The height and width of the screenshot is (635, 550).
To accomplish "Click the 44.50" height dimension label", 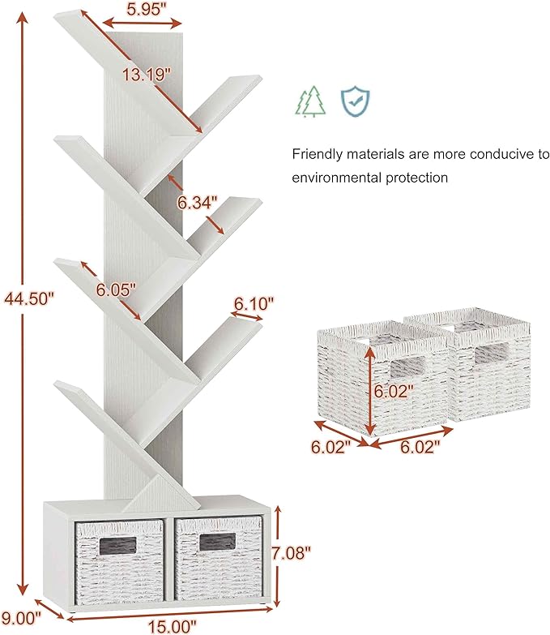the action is [x=28, y=299].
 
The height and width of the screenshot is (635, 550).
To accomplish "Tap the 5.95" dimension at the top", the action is [x=144, y=9].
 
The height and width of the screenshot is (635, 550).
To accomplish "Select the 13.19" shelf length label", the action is [x=147, y=75].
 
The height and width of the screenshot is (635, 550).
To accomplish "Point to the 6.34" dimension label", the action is [x=198, y=203].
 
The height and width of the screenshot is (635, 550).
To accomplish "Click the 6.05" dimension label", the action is [x=116, y=290].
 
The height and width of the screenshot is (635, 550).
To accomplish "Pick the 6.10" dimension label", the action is [x=254, y=303].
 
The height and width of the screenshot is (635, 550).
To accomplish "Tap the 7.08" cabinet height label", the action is [x=291, y=553].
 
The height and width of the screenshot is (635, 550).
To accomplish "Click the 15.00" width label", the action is [x=172, y=627].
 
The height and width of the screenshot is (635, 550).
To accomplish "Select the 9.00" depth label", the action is [x=21, y=618].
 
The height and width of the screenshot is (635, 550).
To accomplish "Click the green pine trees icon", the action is [x=311, y=101].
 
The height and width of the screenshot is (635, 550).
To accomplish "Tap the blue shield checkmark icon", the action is [x=355, y=101].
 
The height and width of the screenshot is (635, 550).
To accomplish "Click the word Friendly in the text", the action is [x=317, y=154].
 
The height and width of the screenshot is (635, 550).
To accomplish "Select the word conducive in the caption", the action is [x=501, y=154].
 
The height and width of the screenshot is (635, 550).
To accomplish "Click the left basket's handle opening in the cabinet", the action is [x=117, y=546].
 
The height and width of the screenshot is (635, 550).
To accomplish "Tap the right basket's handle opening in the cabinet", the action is [x=217, y=542].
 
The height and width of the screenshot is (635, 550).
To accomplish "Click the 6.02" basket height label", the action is [x=394, y=391].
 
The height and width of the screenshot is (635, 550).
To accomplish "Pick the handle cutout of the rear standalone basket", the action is [x=492, y=353].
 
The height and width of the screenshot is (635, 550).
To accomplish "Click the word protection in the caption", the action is [x=416, y=178].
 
